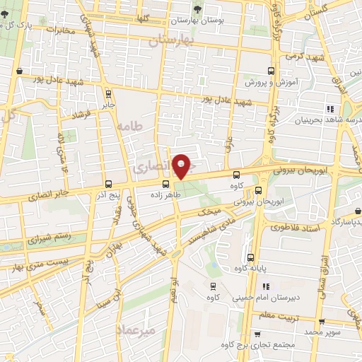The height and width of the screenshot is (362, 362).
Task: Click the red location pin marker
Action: [182, 167]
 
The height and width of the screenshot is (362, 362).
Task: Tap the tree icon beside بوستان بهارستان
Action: [197, 8]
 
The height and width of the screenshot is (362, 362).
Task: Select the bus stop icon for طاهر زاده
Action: [165, 184]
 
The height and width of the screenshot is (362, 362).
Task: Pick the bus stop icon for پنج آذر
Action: [107, 184]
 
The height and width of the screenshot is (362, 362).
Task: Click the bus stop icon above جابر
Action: [108, 93]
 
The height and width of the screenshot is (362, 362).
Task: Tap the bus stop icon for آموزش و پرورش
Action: [271, 71]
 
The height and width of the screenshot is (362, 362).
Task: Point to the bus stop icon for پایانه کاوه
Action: [251, 257]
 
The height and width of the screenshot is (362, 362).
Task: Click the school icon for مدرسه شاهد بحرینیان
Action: [329, 108]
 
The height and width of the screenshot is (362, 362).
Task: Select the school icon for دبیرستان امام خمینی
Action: [266, 286]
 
